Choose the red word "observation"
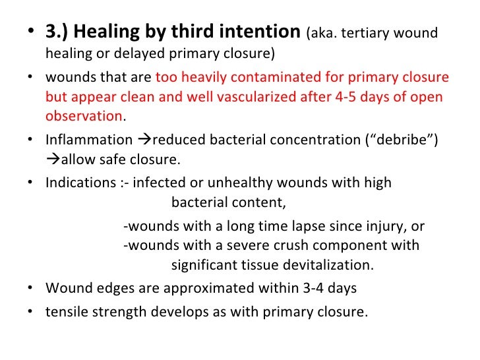pyautogui.click(x=84, y=116)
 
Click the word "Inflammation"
pyautogui.click(x=88, y=140)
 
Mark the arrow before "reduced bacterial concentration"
pyautogui.click(x=143, y=140)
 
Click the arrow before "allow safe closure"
pyautogui.click(x=53, y=160)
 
